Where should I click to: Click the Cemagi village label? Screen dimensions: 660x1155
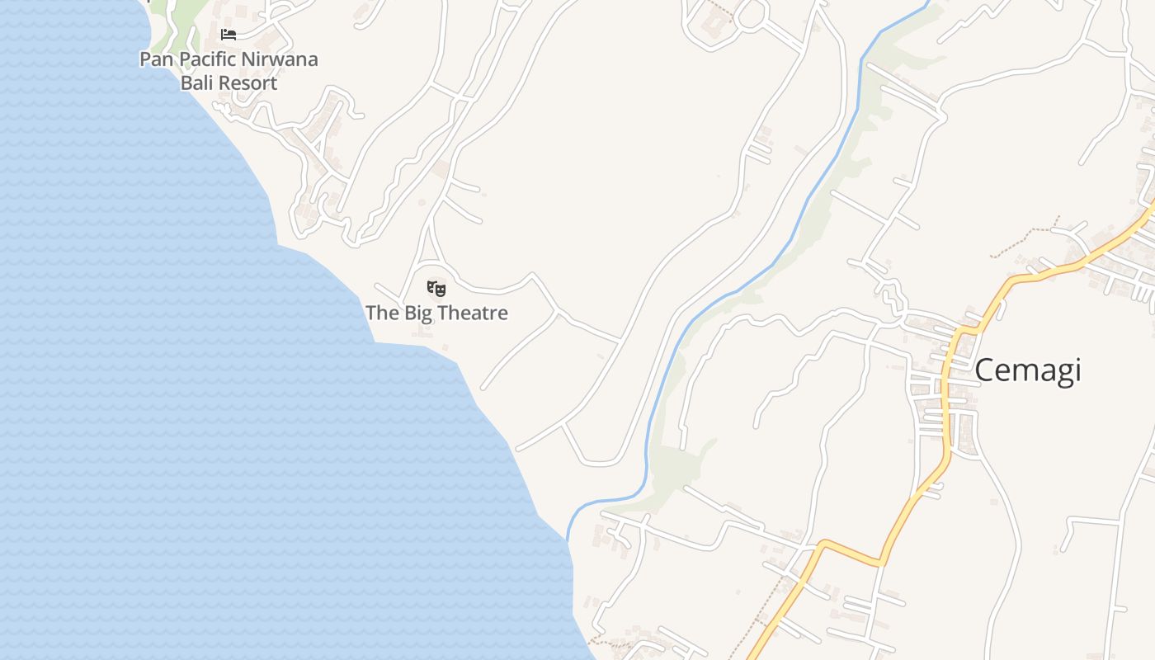tap(1027, 370)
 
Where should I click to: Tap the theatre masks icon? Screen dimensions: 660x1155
tap(436, 288)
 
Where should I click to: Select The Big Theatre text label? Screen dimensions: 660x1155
tap(436, 313)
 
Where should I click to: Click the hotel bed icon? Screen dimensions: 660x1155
tap(229, 35)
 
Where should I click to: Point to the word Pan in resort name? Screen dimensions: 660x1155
tap(156, 59)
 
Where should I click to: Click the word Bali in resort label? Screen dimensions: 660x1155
tap(195, 83)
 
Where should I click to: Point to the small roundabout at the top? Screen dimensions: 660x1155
tap(752, 14)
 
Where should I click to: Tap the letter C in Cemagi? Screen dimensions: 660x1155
tap(985, 370)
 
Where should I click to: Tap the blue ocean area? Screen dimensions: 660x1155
tap(165, 371)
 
